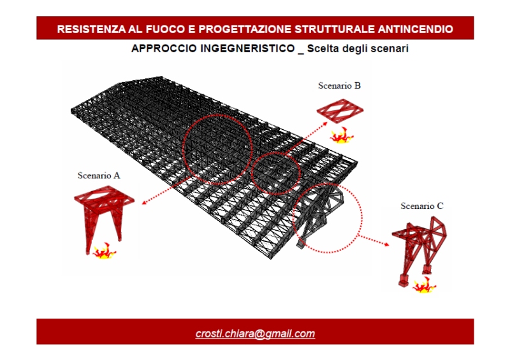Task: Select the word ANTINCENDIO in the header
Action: (416, 29)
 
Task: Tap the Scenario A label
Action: (99, 176)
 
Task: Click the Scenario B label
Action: (339, 85)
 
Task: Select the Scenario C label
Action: (422, 206)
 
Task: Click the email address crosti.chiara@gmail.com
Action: (256, 334)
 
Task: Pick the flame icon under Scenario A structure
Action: (104, 251)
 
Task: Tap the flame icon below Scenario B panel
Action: (342, 135)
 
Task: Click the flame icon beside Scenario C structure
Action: (424, 285)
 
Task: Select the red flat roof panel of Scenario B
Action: (340, 111)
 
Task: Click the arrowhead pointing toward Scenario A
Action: (145, 203)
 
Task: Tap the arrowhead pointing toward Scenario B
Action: (325, 124)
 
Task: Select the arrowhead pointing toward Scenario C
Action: (386, 244)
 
